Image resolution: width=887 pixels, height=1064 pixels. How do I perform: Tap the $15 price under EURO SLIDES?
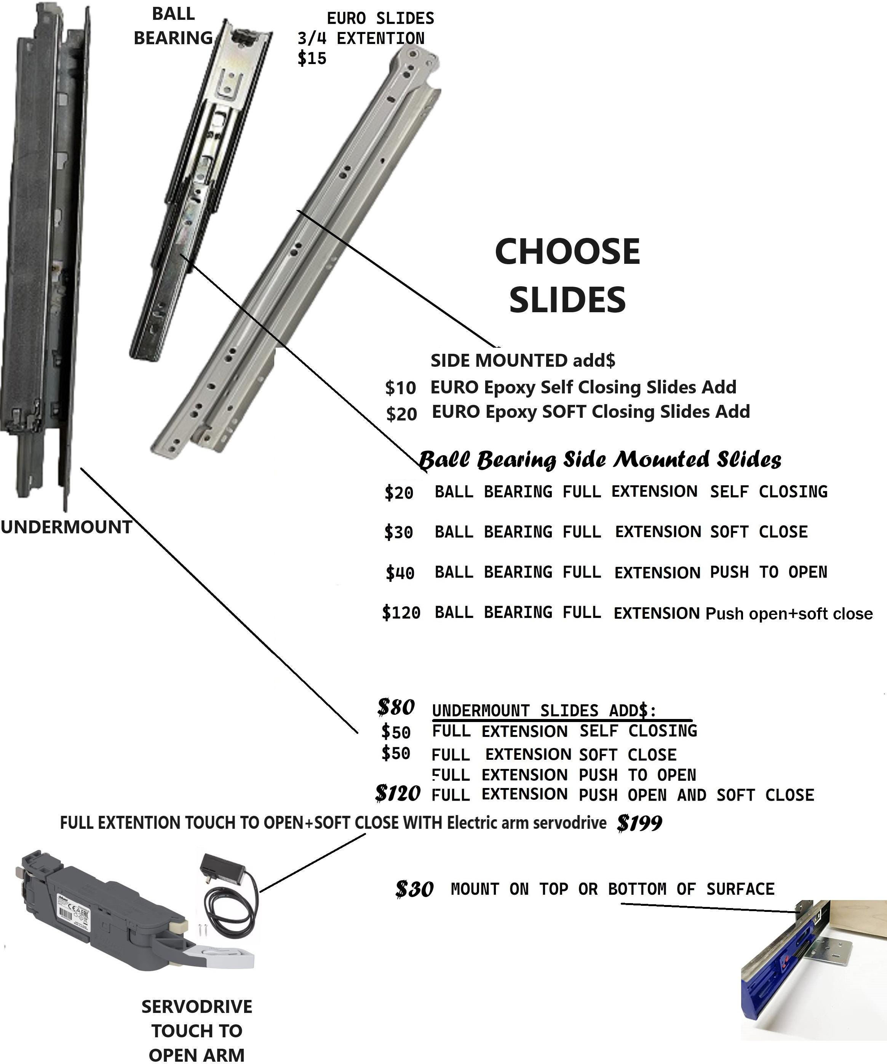click(x=312, y=58)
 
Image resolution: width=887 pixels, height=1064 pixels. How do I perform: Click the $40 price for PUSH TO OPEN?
click(x=400, y=573)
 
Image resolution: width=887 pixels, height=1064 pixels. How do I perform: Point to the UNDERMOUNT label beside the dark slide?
click(x=66, y=527)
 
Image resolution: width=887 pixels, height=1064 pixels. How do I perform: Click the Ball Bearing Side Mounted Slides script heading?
click(x=600, y=459)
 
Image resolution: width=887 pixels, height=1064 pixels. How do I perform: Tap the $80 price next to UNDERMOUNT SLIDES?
click(x=396, y=707)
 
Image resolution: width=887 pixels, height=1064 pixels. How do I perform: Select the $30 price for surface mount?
click(x=414, y=889)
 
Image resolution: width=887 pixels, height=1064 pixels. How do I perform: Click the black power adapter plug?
click(x=223, y=868)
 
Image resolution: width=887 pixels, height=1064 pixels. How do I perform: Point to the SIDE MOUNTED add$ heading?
click(x=523, y=360)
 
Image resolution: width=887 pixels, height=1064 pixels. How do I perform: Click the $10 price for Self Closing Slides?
click(x=401, y=388)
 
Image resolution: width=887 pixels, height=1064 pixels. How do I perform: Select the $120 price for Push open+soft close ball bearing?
click(x=401, y=613)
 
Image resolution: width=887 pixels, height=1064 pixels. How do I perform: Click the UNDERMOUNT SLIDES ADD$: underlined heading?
click(x=544, y=710)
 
